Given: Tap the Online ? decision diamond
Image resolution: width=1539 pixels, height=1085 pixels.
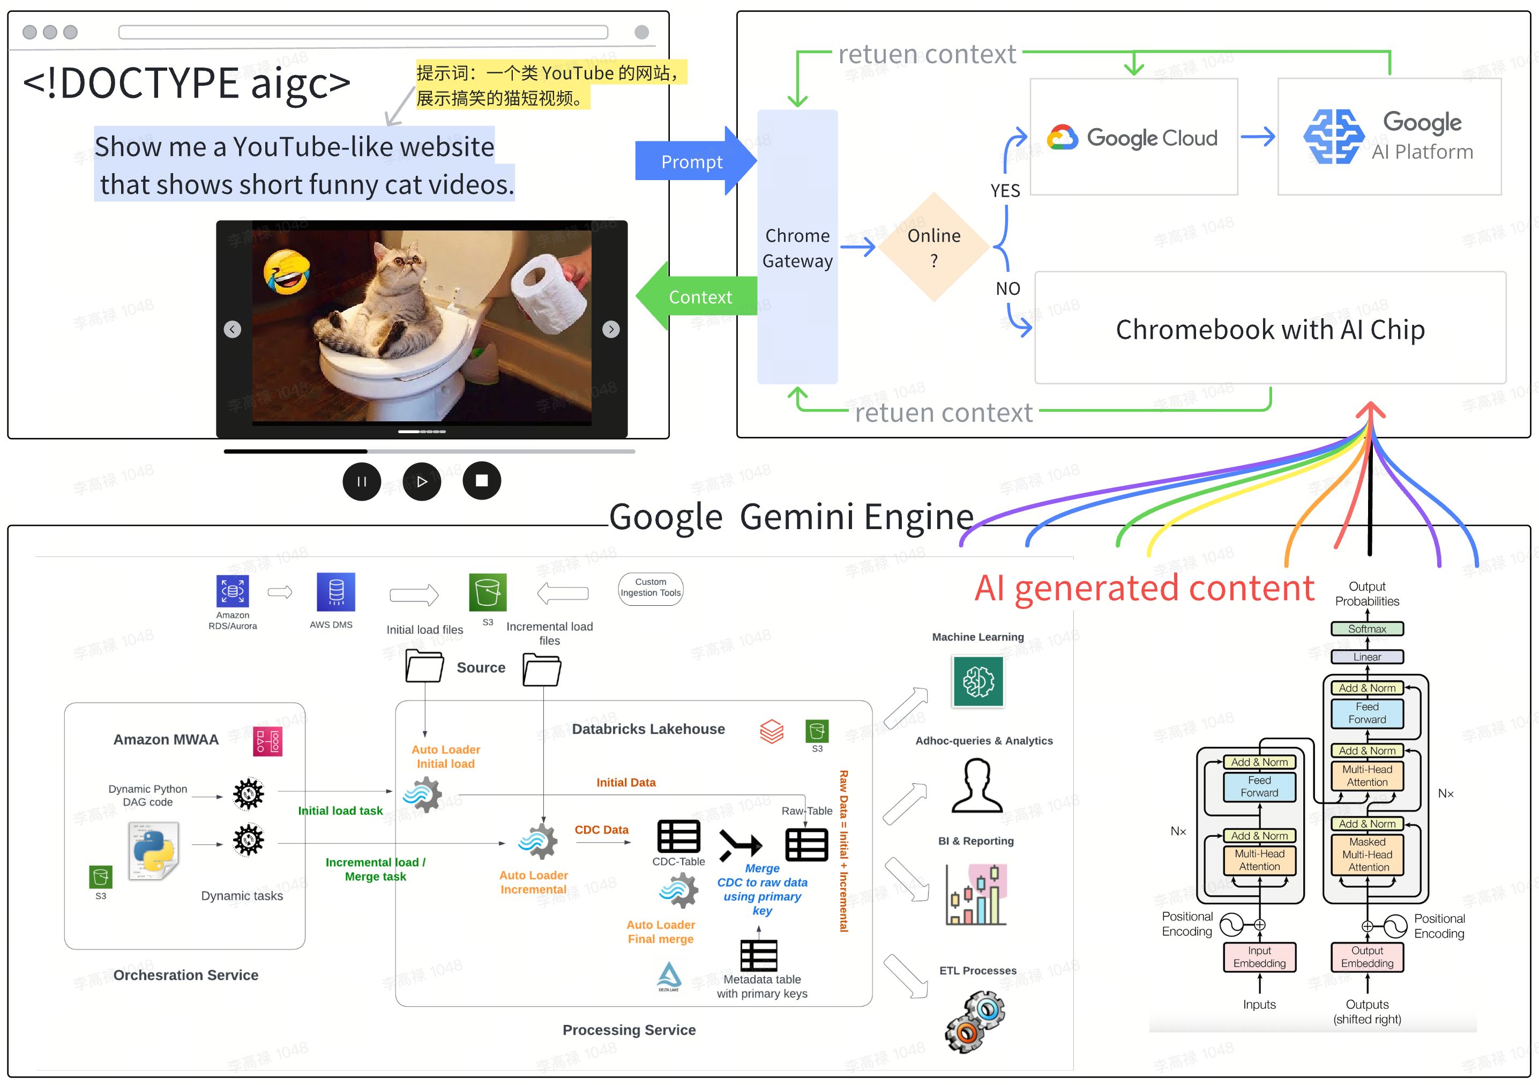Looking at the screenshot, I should tap(933, 248).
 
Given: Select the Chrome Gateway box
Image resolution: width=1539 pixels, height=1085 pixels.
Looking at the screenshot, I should tap(797, 248).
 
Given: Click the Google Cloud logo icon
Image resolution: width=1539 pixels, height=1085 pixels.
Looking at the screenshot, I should tap(1063, 137).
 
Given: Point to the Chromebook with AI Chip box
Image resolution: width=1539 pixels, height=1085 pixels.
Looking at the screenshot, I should tap(1269, 328).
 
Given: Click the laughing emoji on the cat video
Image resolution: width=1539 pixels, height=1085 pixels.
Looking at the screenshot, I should tap(287, 272).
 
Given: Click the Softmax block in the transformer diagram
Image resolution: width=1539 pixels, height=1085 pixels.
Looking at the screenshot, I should tap(1367, 629).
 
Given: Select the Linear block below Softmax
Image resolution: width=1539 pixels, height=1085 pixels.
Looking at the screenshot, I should tap(1367, 657).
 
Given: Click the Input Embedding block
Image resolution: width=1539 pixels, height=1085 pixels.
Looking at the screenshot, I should tap(1259, 957).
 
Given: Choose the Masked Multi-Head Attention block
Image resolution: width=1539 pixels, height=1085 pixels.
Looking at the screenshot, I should tap(1367, 854).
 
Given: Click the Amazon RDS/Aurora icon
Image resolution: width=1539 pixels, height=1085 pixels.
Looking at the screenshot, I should tap(233, 591).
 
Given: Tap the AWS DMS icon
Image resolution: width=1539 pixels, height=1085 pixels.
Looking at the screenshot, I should tap(336, 591).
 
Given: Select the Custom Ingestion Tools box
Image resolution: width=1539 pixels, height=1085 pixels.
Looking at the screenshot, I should tap(650, 588).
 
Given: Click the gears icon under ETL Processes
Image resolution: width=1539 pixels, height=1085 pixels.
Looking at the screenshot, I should tap(975, 1021).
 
